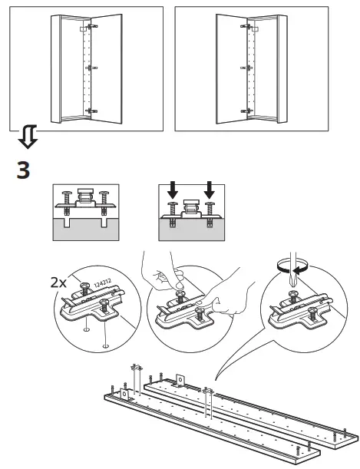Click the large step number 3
click(x=23, y=170)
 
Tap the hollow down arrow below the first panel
click(x=28, y=137)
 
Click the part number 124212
click(x=103, y=283)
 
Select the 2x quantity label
click(x=58, y=282)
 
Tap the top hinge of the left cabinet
click(x=91, y=26)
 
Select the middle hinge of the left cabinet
click(x=91, y=68)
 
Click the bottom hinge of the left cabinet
click(x=91, y=111)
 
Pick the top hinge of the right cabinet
click(x=246, y=26)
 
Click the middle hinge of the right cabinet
click(x=246, y=68)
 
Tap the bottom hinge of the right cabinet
click(x=246, y=111)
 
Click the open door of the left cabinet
click(x=107, y=69)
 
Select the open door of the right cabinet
click(x=232, y=69)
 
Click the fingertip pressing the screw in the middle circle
click(x=180, y=285)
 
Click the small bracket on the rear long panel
click(x=180, y=381)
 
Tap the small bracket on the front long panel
click(x=124, y=395)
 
